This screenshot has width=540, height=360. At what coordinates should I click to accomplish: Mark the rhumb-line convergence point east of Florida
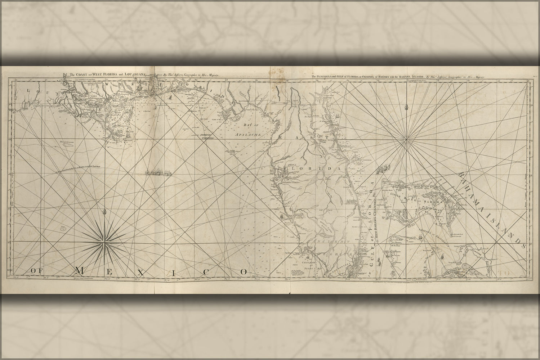(x=407, y=138)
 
